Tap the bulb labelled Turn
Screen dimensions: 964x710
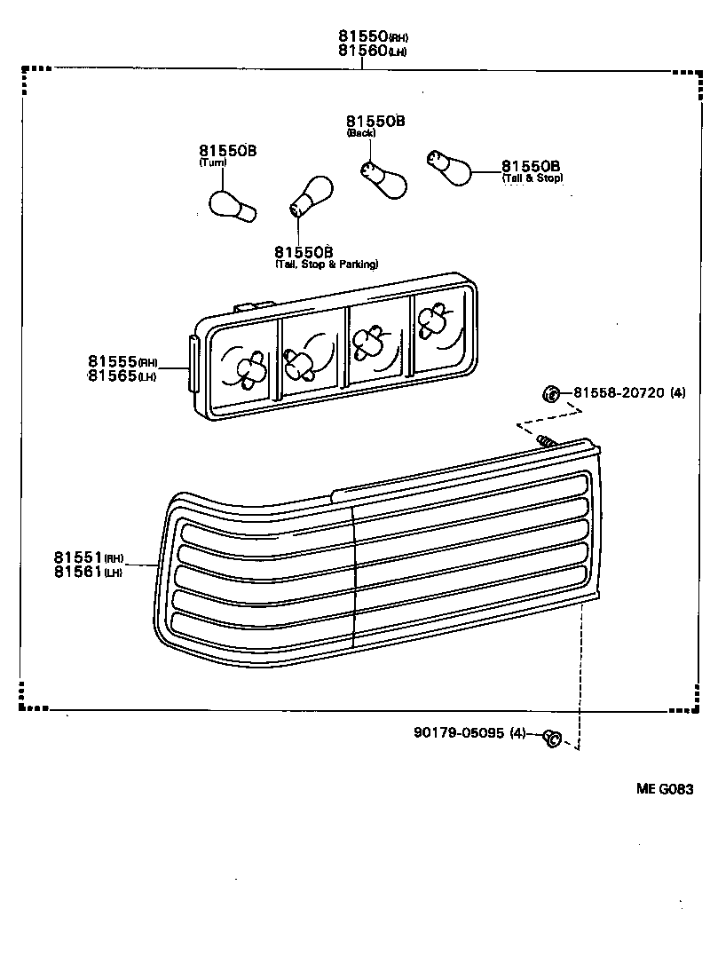(233, 203)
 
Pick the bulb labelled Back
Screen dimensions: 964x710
(383, 178)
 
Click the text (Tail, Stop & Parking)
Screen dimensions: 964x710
(326, 265)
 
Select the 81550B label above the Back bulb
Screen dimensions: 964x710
(375, 121)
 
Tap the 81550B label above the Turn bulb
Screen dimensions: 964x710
(227, 151)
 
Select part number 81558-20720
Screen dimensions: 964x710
(619, 392)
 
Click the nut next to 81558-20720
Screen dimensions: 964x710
(550, 393)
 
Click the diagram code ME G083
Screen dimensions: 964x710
(662, 789)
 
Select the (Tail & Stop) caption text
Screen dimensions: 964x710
(532, 178)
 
